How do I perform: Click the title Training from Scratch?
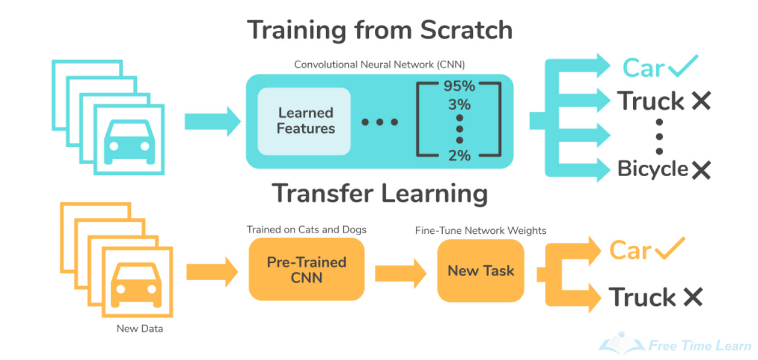coord(380,30)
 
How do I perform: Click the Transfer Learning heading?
coord(380,193)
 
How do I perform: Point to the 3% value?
coord(459,105)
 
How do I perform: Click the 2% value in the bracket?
coord(458,156)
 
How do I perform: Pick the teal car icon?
coord(129,142)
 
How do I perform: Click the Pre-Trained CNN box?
coord(306,270)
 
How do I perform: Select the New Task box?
coord(481,271)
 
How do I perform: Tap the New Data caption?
coord(140,328)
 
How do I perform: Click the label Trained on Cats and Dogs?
coord(306,230)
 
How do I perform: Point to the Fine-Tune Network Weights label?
coord(480,230)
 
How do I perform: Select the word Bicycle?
coord(653,169)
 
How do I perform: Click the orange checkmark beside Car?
coord(669,249)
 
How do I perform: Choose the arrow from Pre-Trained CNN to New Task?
coord(400,273)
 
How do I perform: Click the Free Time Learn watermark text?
coord(699,346)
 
